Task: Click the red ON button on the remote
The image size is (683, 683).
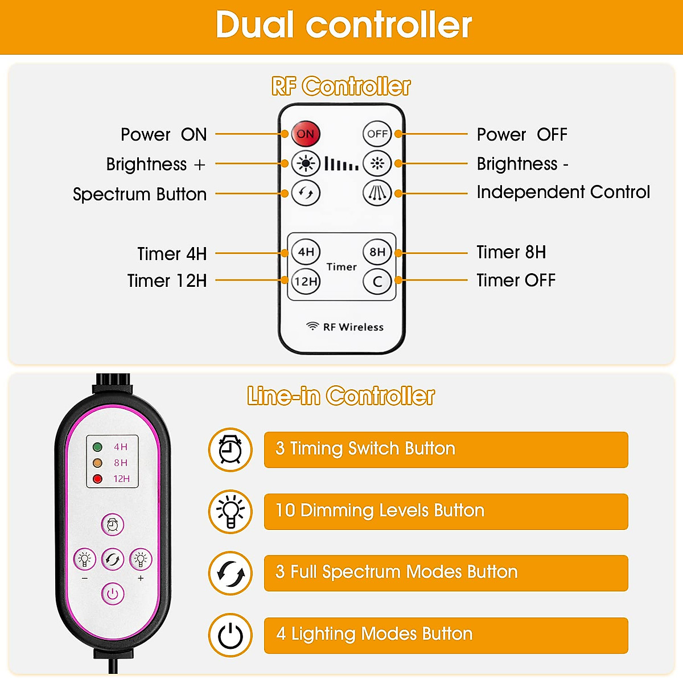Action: (306, 134)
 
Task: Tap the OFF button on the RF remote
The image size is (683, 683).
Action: (377, 134)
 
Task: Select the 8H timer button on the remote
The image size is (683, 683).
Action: (377, 252)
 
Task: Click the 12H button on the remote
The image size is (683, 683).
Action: (306, 281)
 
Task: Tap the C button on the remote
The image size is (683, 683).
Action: (377, 281)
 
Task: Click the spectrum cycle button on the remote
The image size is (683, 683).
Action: (306, 193)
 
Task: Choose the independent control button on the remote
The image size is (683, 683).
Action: (377, 193)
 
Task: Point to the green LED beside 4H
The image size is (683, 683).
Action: (97, 447)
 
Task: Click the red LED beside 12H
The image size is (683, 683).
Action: (97, 479)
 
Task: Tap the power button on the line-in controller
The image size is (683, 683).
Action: (113, 594)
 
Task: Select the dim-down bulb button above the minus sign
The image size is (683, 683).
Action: (85, 559)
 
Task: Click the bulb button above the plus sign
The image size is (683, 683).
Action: (141, 559)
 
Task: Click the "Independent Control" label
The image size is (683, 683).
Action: (563, 192)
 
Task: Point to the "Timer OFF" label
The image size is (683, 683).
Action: (516, 281)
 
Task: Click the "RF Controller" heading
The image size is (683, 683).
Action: (341, 87)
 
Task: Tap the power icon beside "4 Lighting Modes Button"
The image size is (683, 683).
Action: (231, 635)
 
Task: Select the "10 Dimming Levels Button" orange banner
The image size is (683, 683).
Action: (446, 511)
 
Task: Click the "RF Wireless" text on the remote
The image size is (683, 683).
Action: (353, 327)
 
